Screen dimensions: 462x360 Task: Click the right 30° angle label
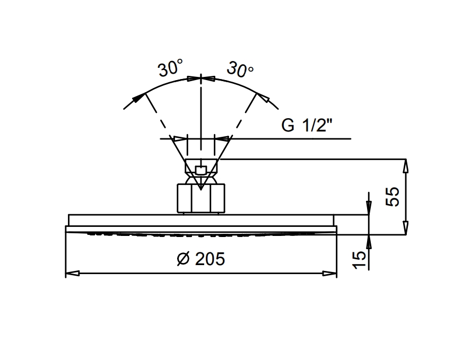click(x=240, y=69)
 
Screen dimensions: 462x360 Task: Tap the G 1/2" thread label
click(x=307, y=125)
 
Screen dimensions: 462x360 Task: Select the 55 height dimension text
click(x=393, y=197)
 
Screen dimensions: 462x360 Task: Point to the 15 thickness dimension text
click(x=359, y=260)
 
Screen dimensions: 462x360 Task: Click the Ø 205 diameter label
click(x=201, y=259)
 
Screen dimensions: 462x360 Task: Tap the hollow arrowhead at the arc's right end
click(x=263, y=98)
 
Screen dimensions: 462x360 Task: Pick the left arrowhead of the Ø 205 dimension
click(x=73, y=274)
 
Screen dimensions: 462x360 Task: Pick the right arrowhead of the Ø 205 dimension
click(x=329, y=274)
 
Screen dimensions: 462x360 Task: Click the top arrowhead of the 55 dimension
click(x=406, y=166)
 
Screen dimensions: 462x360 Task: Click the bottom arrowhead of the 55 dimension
click(x=406, y=228)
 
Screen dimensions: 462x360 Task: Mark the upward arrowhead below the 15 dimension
click(x=369, y=242)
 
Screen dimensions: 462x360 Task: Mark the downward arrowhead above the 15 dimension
click(x=369, y=208)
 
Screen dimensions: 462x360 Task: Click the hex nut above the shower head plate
click(x=201, y=198)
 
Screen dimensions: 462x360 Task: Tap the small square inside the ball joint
click(x=201, y=171)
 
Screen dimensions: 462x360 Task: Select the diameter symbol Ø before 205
click(x=184, y=259)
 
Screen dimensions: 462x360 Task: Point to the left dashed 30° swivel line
click(x=159, y=116)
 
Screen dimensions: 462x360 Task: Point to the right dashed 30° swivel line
click(x=243, y=116)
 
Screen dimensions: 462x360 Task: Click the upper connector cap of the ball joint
click(x=201, y=166)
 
